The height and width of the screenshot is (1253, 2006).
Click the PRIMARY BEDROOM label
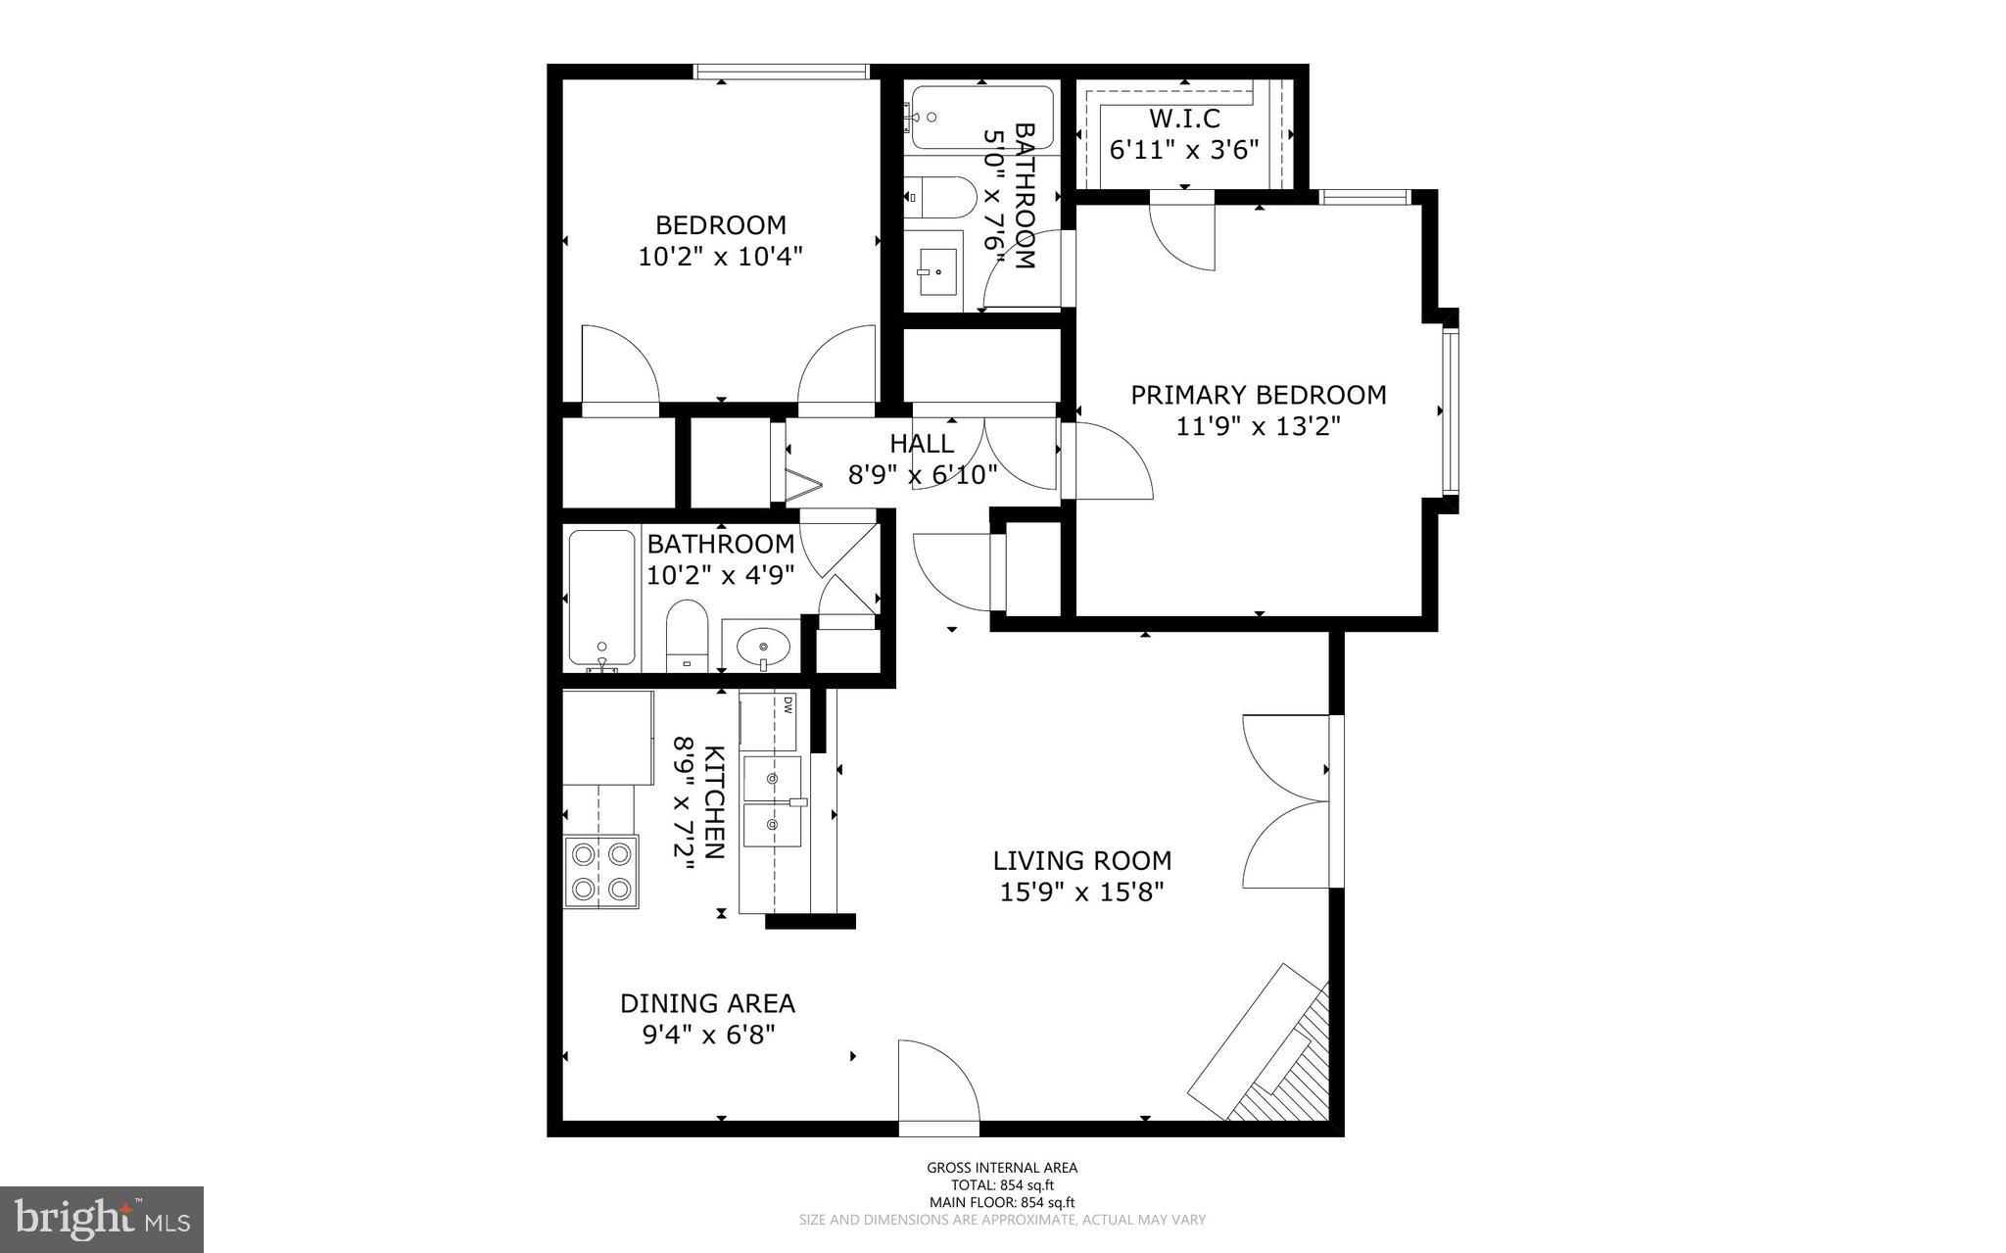click(x=1258, y=395)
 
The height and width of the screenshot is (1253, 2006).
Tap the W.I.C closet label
click(x=1184, y=119)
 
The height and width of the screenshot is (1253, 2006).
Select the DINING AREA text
click(x=707, y=1003)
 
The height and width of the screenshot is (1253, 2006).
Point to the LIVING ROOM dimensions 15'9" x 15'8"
click(x=1081, y=892)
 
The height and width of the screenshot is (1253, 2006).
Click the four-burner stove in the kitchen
click(x=600, y=871)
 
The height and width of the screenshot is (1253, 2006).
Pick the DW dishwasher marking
click(x=787, y=705)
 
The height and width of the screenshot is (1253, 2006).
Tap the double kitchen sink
click(x=772, y=801)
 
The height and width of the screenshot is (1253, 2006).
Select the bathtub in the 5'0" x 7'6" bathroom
click(x=981, y=118)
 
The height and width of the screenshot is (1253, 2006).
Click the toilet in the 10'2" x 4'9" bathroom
click(x=687, y=635)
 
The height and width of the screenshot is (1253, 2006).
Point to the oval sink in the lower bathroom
click(x=763, y=646)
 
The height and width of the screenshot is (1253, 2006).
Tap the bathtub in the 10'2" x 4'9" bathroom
click(x=601, y=599)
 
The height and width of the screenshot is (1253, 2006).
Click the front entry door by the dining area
click(x=938, y=1083)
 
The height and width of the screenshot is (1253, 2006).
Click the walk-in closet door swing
click(x=1183, y=231)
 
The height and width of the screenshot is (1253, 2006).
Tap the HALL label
click(x=922, y=444)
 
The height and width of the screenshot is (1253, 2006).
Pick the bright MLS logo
click(x=101, y=1219)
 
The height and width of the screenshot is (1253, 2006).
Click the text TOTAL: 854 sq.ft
click(x=1002, y=1184)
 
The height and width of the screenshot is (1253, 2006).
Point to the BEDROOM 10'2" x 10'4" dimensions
click(x=720, y=257)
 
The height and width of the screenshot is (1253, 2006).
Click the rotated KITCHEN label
click(x=715, y=801)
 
